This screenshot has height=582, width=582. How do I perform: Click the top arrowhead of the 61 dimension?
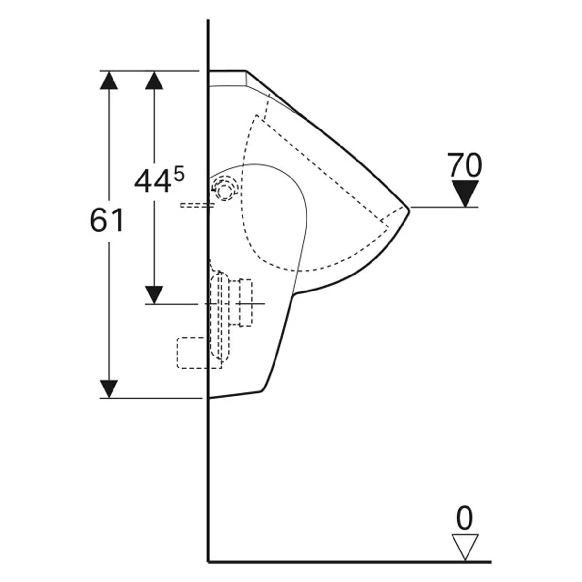(x=109, y=80)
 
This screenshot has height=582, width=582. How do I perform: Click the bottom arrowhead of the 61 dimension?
(x=109, y=389)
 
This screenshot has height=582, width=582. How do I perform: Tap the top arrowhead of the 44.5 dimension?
(x=154, y=80)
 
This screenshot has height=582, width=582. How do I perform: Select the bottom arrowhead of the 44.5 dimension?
(x=154, y=294)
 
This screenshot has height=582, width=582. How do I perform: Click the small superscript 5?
(x=179, y=175)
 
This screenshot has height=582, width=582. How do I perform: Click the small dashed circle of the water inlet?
(x=225, y=192)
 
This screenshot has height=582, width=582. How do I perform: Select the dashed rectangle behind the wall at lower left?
(x=199, y=353)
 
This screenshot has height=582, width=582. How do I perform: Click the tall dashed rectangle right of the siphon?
(x=246, y=303)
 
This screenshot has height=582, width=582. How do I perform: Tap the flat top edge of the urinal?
(x=227, y=71)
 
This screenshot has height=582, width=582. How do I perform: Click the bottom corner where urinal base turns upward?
(x=261, y=391)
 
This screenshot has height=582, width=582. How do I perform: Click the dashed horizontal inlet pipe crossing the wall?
(x=197, y=205)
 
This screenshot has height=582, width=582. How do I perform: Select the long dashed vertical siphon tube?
(x=220, y=316)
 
